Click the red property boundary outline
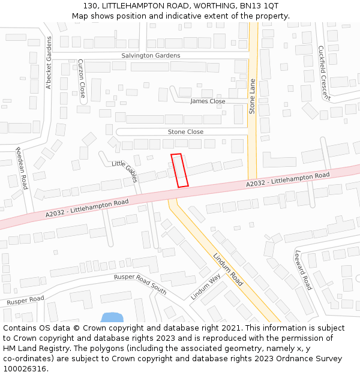[179, 170]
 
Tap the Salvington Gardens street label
[151, 56]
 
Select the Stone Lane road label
[253, 96]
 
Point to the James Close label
[208, 101]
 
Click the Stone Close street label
[185, 131]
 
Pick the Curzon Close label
[82, 79]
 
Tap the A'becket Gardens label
[49, 63]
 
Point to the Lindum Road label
[228, 269]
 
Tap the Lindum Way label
[206, 287]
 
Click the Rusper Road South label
[140, 283]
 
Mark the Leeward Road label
[303, 270]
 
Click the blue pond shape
[112, 317]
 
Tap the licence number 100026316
[25, 368]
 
